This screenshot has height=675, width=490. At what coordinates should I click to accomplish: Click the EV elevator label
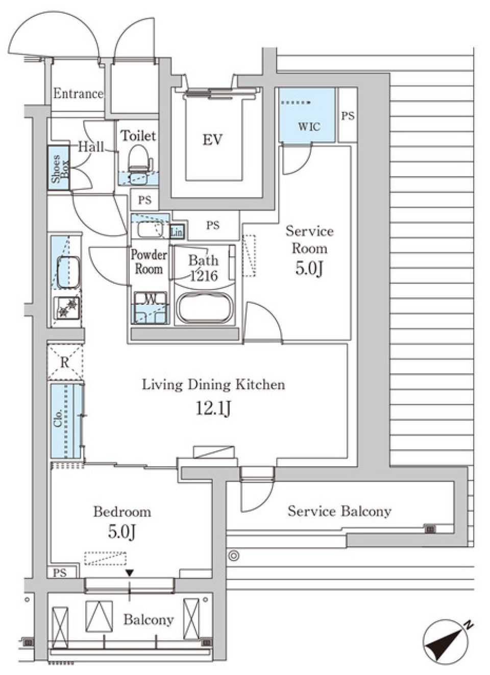[212, 139]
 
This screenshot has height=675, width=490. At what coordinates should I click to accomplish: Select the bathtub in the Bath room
[205, 308]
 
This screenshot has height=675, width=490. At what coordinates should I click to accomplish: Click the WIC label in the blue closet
[309, 126]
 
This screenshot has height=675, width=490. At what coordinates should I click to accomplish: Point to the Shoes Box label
[59, 168]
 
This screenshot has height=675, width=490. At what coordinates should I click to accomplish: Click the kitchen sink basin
[69, 272]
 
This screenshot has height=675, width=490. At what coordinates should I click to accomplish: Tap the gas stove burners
[66, 308]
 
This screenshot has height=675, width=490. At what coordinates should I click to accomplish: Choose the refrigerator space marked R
[65, 362]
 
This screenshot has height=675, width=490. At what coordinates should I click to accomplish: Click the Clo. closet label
[58, 418]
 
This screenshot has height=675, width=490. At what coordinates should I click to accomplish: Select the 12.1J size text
[213, 409]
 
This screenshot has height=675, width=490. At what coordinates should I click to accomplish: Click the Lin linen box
[177, 232]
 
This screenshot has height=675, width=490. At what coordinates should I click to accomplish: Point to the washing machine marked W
[150, 307]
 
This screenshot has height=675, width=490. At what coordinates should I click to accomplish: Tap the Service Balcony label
[339, 511]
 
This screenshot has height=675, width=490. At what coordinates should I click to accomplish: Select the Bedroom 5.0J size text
[122, 532]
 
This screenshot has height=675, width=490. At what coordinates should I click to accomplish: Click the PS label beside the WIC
[348, 116]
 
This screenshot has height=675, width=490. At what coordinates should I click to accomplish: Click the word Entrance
[78, 93]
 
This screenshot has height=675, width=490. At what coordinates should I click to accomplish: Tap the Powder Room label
[149, 261]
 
